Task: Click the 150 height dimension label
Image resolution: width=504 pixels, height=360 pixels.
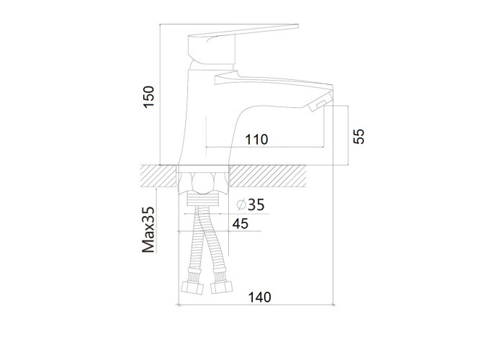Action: [149, 96]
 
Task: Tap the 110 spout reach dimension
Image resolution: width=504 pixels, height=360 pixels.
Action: [256, 140]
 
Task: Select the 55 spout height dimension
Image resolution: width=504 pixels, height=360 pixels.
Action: [359, 136]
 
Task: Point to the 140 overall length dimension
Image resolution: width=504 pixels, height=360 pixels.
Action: [259, 297]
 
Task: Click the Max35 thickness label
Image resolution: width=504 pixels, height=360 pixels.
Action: [148, 230]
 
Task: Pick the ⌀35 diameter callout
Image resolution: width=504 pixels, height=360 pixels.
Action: [251, 204]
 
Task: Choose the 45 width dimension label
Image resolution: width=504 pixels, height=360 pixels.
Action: [240, 224]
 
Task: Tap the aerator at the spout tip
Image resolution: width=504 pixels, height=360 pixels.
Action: [320, 102]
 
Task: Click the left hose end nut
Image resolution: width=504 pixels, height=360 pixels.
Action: [192, 287]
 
